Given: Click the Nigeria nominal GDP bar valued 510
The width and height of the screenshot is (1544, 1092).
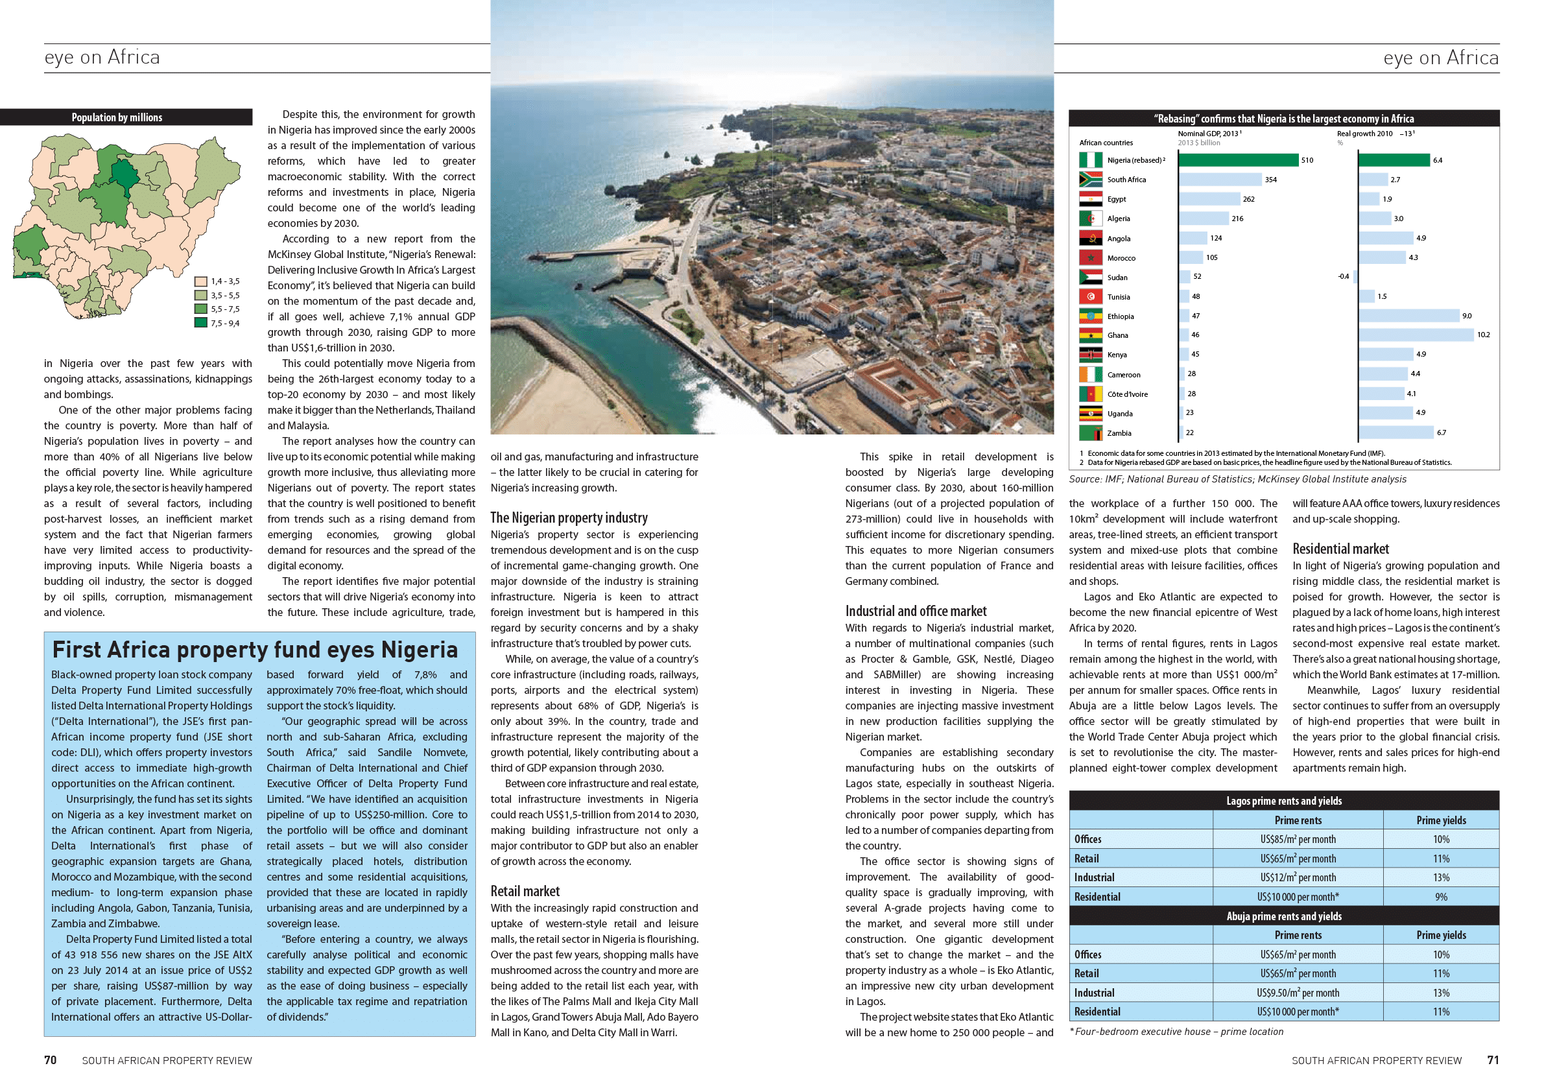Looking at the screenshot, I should [x=1238, y=160].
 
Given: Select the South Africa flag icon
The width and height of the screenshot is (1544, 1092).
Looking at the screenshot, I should [x=1090, y=180].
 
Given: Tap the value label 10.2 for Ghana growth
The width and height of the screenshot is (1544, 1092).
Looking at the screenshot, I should [x=1483, y=335].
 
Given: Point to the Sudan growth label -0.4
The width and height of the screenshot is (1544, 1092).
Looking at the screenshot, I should [x=1343, y=276].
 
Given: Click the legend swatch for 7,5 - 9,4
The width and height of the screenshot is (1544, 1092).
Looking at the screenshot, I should [x=200, y=323].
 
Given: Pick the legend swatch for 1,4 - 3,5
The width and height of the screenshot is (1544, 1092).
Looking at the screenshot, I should [x=200, y=281].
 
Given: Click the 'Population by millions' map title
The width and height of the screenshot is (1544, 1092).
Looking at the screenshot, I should [x=117, y=117].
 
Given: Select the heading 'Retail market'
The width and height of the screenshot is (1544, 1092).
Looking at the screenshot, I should [x=525, y=891].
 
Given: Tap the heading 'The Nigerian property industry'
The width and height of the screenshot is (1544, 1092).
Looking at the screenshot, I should [x=569, y=517].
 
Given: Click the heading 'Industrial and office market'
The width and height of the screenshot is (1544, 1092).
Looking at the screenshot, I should [x=916, y=611].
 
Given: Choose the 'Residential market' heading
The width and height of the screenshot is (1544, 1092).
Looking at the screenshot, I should [x=1340, y=549].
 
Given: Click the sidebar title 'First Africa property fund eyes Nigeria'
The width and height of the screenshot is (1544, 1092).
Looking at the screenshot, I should [x=255, y=650].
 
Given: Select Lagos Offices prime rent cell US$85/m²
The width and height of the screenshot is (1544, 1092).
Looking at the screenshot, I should [x=1297, y=839].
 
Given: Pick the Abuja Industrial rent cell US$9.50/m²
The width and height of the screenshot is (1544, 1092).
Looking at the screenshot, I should [x=1297, y=993].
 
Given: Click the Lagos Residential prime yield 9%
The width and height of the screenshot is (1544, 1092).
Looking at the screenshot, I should [x=1440, y=897].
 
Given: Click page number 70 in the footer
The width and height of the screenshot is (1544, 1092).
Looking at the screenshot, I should [x=51, y=1060].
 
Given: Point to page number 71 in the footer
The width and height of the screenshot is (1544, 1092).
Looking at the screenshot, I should [x=1492, y=1060].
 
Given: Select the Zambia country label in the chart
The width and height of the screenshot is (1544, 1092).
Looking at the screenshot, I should [x=1119, y=433].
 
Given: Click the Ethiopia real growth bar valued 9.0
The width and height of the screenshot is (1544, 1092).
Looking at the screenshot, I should [x=1408, y=316].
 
